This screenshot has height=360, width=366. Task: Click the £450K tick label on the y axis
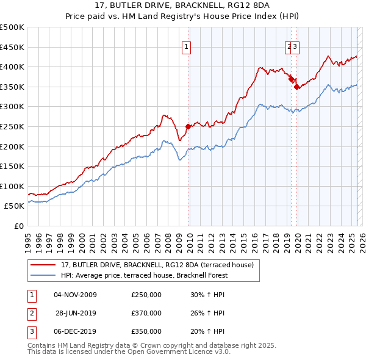tap(12, 47)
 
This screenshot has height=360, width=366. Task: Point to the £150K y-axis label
tap(12, 166)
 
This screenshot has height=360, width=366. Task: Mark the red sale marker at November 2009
tap(188, 126)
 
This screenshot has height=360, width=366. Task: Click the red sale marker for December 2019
tap(296, 87)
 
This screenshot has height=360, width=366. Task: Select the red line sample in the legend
tap(43, 264)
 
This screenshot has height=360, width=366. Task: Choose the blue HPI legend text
tap(144, 275)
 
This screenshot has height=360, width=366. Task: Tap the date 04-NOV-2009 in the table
tap(76, 295)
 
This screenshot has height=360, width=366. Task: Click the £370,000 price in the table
tap(146, 313)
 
